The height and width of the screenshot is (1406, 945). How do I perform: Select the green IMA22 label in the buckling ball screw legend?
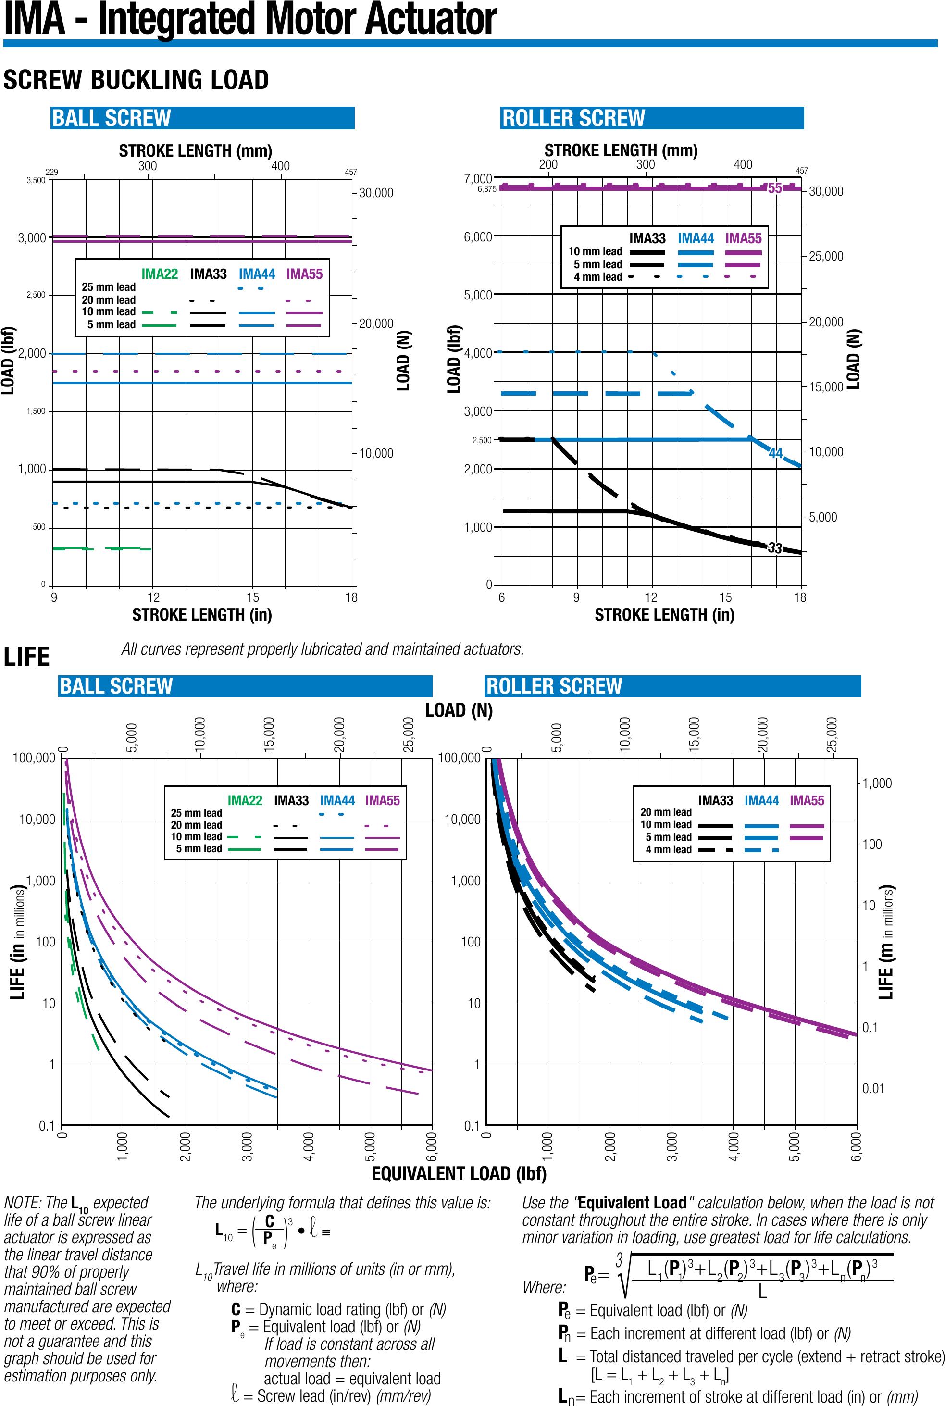160,274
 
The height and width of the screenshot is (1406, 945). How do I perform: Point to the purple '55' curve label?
774,188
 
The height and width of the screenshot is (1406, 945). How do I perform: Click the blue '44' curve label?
776,453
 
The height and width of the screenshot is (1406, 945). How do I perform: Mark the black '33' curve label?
775,548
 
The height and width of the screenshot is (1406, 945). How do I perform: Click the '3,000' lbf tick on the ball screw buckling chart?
32,238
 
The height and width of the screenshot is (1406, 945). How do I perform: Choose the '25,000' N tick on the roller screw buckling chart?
826,257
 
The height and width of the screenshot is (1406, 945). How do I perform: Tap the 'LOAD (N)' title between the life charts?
459,710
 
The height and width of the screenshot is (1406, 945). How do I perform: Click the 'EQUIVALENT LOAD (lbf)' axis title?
459,1173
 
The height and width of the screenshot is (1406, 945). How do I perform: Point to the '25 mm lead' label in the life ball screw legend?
197,813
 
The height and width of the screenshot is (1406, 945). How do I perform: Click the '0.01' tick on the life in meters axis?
873,1088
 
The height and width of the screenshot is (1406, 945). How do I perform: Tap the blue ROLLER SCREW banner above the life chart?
672,686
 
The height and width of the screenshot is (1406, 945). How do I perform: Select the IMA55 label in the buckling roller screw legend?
743,238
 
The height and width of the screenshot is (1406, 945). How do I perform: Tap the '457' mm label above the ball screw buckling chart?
351,173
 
